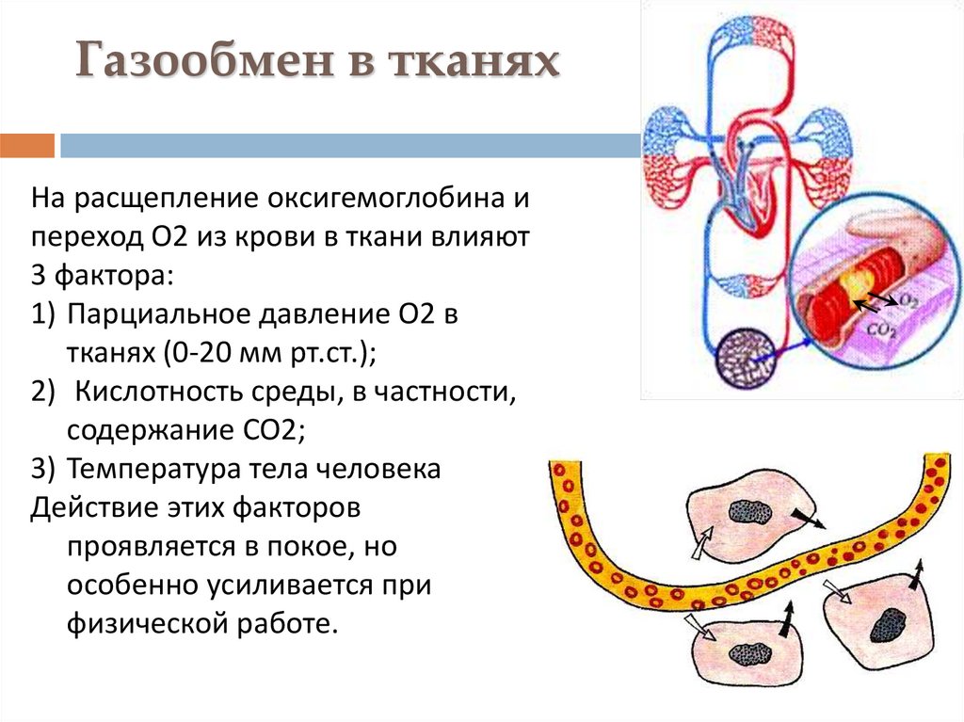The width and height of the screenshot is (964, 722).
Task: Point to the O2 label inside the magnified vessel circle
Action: [x=908, y=299]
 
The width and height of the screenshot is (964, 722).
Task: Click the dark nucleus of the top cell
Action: [x=750, y=512]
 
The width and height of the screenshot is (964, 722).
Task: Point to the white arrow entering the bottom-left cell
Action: [x=699, y=625]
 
